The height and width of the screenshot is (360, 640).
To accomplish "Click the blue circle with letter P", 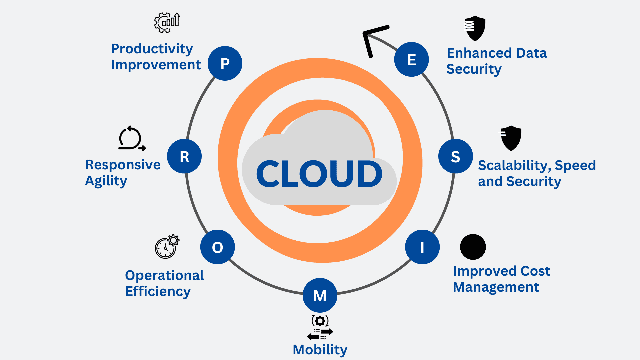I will (225, 63).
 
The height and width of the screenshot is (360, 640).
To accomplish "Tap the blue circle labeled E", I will (411, 59).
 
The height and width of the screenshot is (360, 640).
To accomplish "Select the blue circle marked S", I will (455, 156).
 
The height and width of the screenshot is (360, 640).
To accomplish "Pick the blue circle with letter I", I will (422, 247).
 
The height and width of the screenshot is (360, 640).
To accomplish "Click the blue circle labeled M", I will (320, 295).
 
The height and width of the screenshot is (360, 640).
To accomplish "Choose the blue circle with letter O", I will (217, 247).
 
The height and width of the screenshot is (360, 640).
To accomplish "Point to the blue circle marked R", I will (184, 156).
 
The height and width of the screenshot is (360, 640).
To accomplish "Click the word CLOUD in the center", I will (319, 174).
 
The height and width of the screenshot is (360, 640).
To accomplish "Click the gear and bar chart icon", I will (167, 23).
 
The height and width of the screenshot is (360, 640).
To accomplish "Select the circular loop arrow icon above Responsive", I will (131, 138).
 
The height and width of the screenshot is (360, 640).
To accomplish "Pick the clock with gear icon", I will (167, 246).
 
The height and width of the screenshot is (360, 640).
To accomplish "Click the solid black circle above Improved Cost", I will (473, 247).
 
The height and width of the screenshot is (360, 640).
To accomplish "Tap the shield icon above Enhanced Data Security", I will (475, 28).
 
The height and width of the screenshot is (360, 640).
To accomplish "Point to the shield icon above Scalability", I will (511, 138).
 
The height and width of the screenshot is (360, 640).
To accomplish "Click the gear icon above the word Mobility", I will (320, 321).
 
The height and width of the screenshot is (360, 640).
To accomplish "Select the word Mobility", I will (320, 350).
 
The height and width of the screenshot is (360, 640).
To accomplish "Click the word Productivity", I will (152, 49).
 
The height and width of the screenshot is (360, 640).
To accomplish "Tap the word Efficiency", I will (158, 292).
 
